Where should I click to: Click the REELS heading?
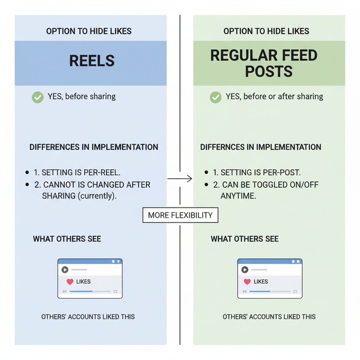click(92, 61)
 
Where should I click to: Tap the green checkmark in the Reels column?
click(38, 97)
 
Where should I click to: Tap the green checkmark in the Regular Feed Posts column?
click(215, 97)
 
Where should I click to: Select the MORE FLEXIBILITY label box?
click(180, 215)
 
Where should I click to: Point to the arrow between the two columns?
click(179, 178)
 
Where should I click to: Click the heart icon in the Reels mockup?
click(70, 281)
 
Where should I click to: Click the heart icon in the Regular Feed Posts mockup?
click(246, 281)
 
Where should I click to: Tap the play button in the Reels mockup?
click(65, 270)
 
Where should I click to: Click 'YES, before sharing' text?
click(82, 97)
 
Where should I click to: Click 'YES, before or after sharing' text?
click(274, 97)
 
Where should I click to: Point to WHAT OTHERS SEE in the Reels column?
click(67, 239)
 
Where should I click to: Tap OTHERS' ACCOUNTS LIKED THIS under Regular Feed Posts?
click(269, 316)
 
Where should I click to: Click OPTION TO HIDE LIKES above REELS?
click(89, 31)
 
